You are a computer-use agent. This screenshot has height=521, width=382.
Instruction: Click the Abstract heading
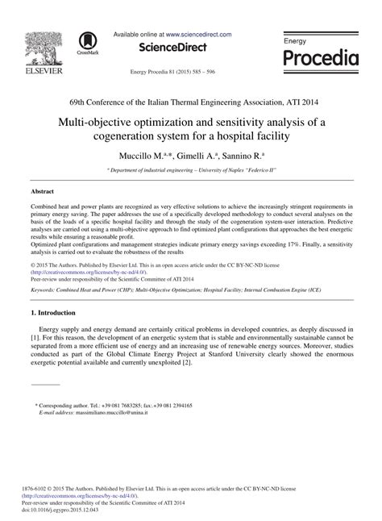pos(42,193)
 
